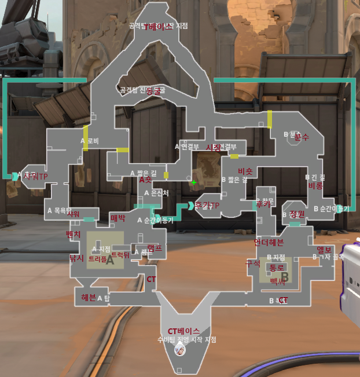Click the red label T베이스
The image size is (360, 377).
click(x=161, y=27)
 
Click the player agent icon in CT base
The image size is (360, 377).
click(x=180, y=348)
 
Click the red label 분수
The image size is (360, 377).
click(x=301, y=138)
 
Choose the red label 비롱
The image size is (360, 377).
click(x=315, y=186)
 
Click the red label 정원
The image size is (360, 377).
click(x=296, y=214)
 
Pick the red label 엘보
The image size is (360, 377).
click(x=324, y=250)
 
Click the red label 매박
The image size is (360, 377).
click(x=117, y=218)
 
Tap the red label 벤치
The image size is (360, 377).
click(x=74, y=235)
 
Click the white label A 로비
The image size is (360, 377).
click(x=90, y=141)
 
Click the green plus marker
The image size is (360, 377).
click(x=194, y=182)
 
